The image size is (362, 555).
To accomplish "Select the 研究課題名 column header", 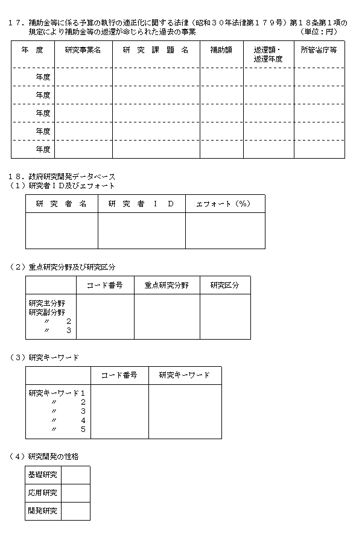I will (x=155, y=49).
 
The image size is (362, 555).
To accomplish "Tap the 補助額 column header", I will (x=221, y=49).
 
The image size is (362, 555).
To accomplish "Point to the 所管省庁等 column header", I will (x=319, y=49).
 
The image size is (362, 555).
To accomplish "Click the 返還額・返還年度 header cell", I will (x=268, y=54).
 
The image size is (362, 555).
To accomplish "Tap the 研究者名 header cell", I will (x=61, y=204).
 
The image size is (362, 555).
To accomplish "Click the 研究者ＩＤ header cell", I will (x=141, y=204).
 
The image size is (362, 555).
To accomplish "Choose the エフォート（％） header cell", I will (x=224, y=204).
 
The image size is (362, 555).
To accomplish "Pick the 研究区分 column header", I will (x=224, y=285).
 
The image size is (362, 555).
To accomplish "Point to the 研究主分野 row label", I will (x=47, y=303).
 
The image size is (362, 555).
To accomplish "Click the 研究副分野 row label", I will (x=47, y=312).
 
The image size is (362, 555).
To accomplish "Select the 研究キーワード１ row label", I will (x=57, y=393).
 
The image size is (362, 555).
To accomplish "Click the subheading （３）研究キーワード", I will (x=45, y=358).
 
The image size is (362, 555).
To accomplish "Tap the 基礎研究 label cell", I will (x=43, y=475).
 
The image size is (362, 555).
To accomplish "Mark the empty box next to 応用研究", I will (x=75, y=493).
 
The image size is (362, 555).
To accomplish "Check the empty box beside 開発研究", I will (x=75, y=511).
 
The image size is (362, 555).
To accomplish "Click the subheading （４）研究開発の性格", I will (x=45, y=456).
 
